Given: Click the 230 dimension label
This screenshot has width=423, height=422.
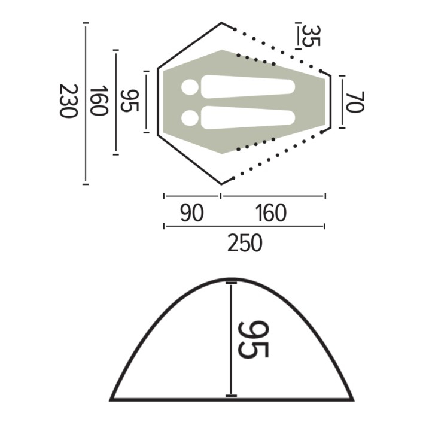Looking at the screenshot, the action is tap(69, 101).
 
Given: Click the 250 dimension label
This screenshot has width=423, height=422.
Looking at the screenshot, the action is tap(245, 242).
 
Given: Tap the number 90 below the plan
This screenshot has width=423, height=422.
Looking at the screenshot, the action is tap(192, 212).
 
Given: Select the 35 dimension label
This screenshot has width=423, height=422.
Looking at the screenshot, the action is tap(311, 36).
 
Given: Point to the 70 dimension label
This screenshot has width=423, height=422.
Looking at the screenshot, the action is tap(355, 102).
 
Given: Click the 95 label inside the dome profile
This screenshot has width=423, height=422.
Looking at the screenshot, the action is tap(253, 339).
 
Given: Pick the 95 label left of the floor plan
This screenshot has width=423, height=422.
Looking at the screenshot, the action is tap(130, 101).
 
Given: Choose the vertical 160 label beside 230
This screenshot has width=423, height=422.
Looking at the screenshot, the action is tap(99, 101).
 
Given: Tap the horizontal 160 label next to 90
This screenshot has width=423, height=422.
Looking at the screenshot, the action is tap(271, 212).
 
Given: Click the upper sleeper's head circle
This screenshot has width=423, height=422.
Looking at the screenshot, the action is tap(190, 87).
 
